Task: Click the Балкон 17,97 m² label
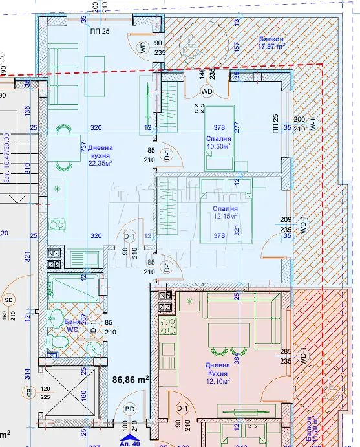pyautogui.click(x=271, y=43)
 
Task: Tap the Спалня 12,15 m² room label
pyautogui.click(x=224, y=213)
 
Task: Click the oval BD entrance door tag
pyautogui.click(x=130, y=409)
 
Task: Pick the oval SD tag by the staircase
pyautogui.click(x=8, y=300)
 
